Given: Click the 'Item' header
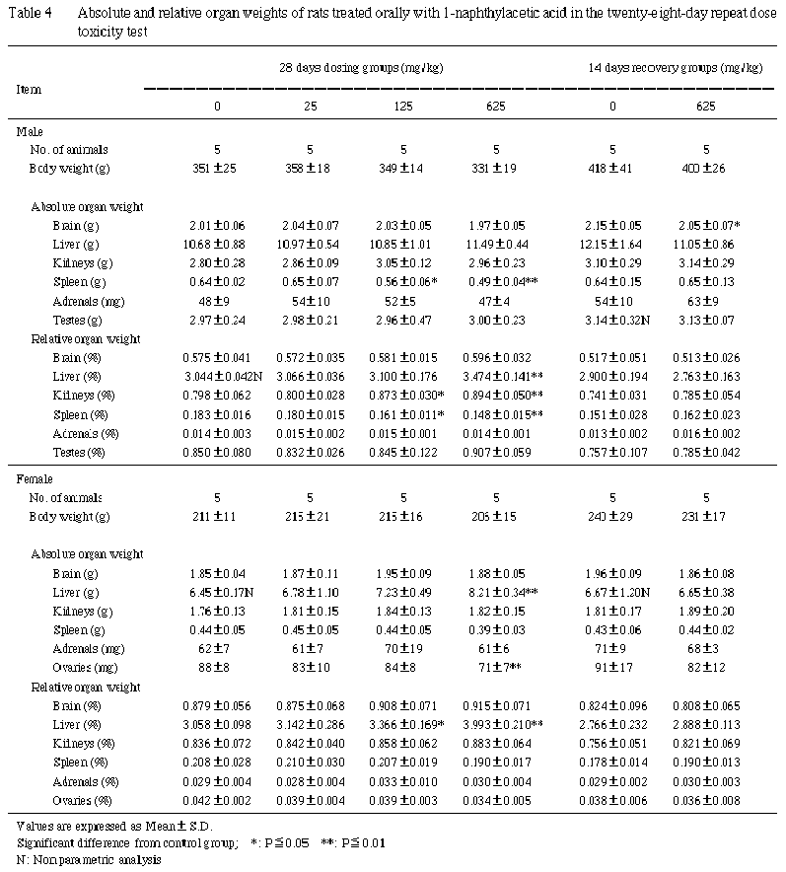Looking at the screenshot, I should coord(29,89).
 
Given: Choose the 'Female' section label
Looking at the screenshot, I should coord(36,477).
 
